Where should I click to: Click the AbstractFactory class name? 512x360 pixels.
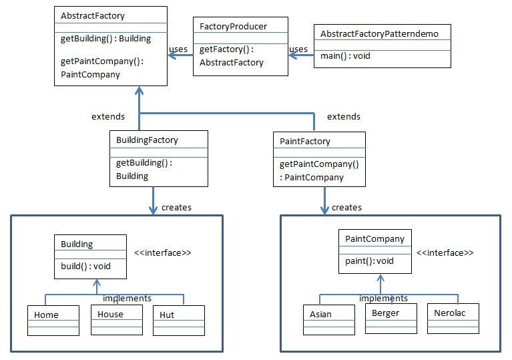click(92, 15)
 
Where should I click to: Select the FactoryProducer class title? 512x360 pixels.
click(233, 27)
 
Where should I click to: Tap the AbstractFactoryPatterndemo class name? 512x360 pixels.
click(379, 33)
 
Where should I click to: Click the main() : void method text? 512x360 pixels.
click(345, 56)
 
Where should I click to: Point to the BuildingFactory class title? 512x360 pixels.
click(147, 140)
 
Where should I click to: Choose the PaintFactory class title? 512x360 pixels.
click(304, 142)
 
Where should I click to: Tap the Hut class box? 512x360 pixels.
click(178, 320)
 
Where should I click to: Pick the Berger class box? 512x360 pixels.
click(391, 318)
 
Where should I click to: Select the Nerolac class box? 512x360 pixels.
click(453, 319)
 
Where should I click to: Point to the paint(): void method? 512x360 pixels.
click(369, 260)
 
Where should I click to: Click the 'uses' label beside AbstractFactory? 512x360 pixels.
click(178, 49)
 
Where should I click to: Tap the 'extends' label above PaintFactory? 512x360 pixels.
click(343, 116)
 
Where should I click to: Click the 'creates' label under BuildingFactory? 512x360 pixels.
click(176, 207)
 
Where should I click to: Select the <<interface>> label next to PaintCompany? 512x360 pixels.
click(445, 253)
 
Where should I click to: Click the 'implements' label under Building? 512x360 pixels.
click(126, 298)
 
